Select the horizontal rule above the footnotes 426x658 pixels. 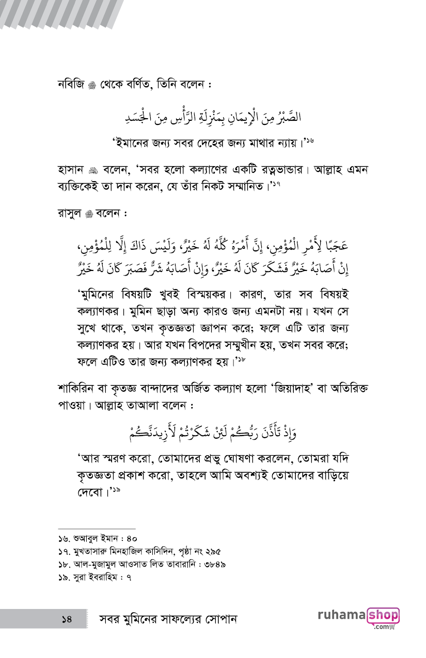(x=97, y=529)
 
